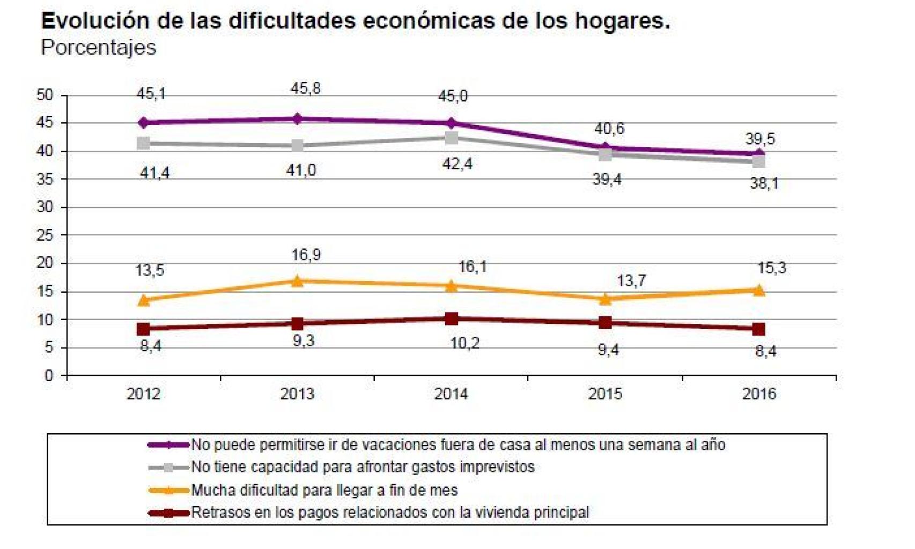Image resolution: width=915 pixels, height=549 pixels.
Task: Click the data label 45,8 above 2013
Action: coord(306,88)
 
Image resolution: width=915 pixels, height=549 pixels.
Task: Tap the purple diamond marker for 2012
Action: coord(143,123)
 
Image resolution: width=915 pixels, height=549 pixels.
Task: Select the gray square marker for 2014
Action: coord(452,138)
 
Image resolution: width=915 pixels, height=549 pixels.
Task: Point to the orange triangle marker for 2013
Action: coord(298,281)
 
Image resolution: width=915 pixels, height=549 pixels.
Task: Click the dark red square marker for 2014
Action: coord(452,319)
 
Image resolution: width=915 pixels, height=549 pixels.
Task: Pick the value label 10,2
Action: coord(464,343)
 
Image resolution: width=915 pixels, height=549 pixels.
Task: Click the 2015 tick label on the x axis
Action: coord(605,394)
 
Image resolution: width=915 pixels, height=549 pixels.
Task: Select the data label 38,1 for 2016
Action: coord(764,184)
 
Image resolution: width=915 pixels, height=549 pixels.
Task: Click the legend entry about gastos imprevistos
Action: coord(363,467)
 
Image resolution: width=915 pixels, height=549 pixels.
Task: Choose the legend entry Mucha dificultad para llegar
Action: coord(324,490)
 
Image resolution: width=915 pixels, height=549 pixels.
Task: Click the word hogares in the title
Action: coord(625,21)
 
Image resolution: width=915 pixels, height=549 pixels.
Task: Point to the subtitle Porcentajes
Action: coord(98,48)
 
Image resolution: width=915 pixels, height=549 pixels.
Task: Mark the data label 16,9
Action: coord(306,255)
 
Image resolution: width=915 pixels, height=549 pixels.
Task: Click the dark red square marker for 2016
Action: coord(758,329)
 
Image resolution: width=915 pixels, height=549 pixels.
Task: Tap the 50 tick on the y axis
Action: coord(45,95)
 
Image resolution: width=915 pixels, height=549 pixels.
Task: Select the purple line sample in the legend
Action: coord(168,444)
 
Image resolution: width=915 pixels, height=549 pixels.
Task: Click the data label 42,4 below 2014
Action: coord(458,164)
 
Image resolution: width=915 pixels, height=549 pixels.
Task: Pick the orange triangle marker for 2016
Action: coord(759,290)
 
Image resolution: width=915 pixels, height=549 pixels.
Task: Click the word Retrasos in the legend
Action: coord(214,513)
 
